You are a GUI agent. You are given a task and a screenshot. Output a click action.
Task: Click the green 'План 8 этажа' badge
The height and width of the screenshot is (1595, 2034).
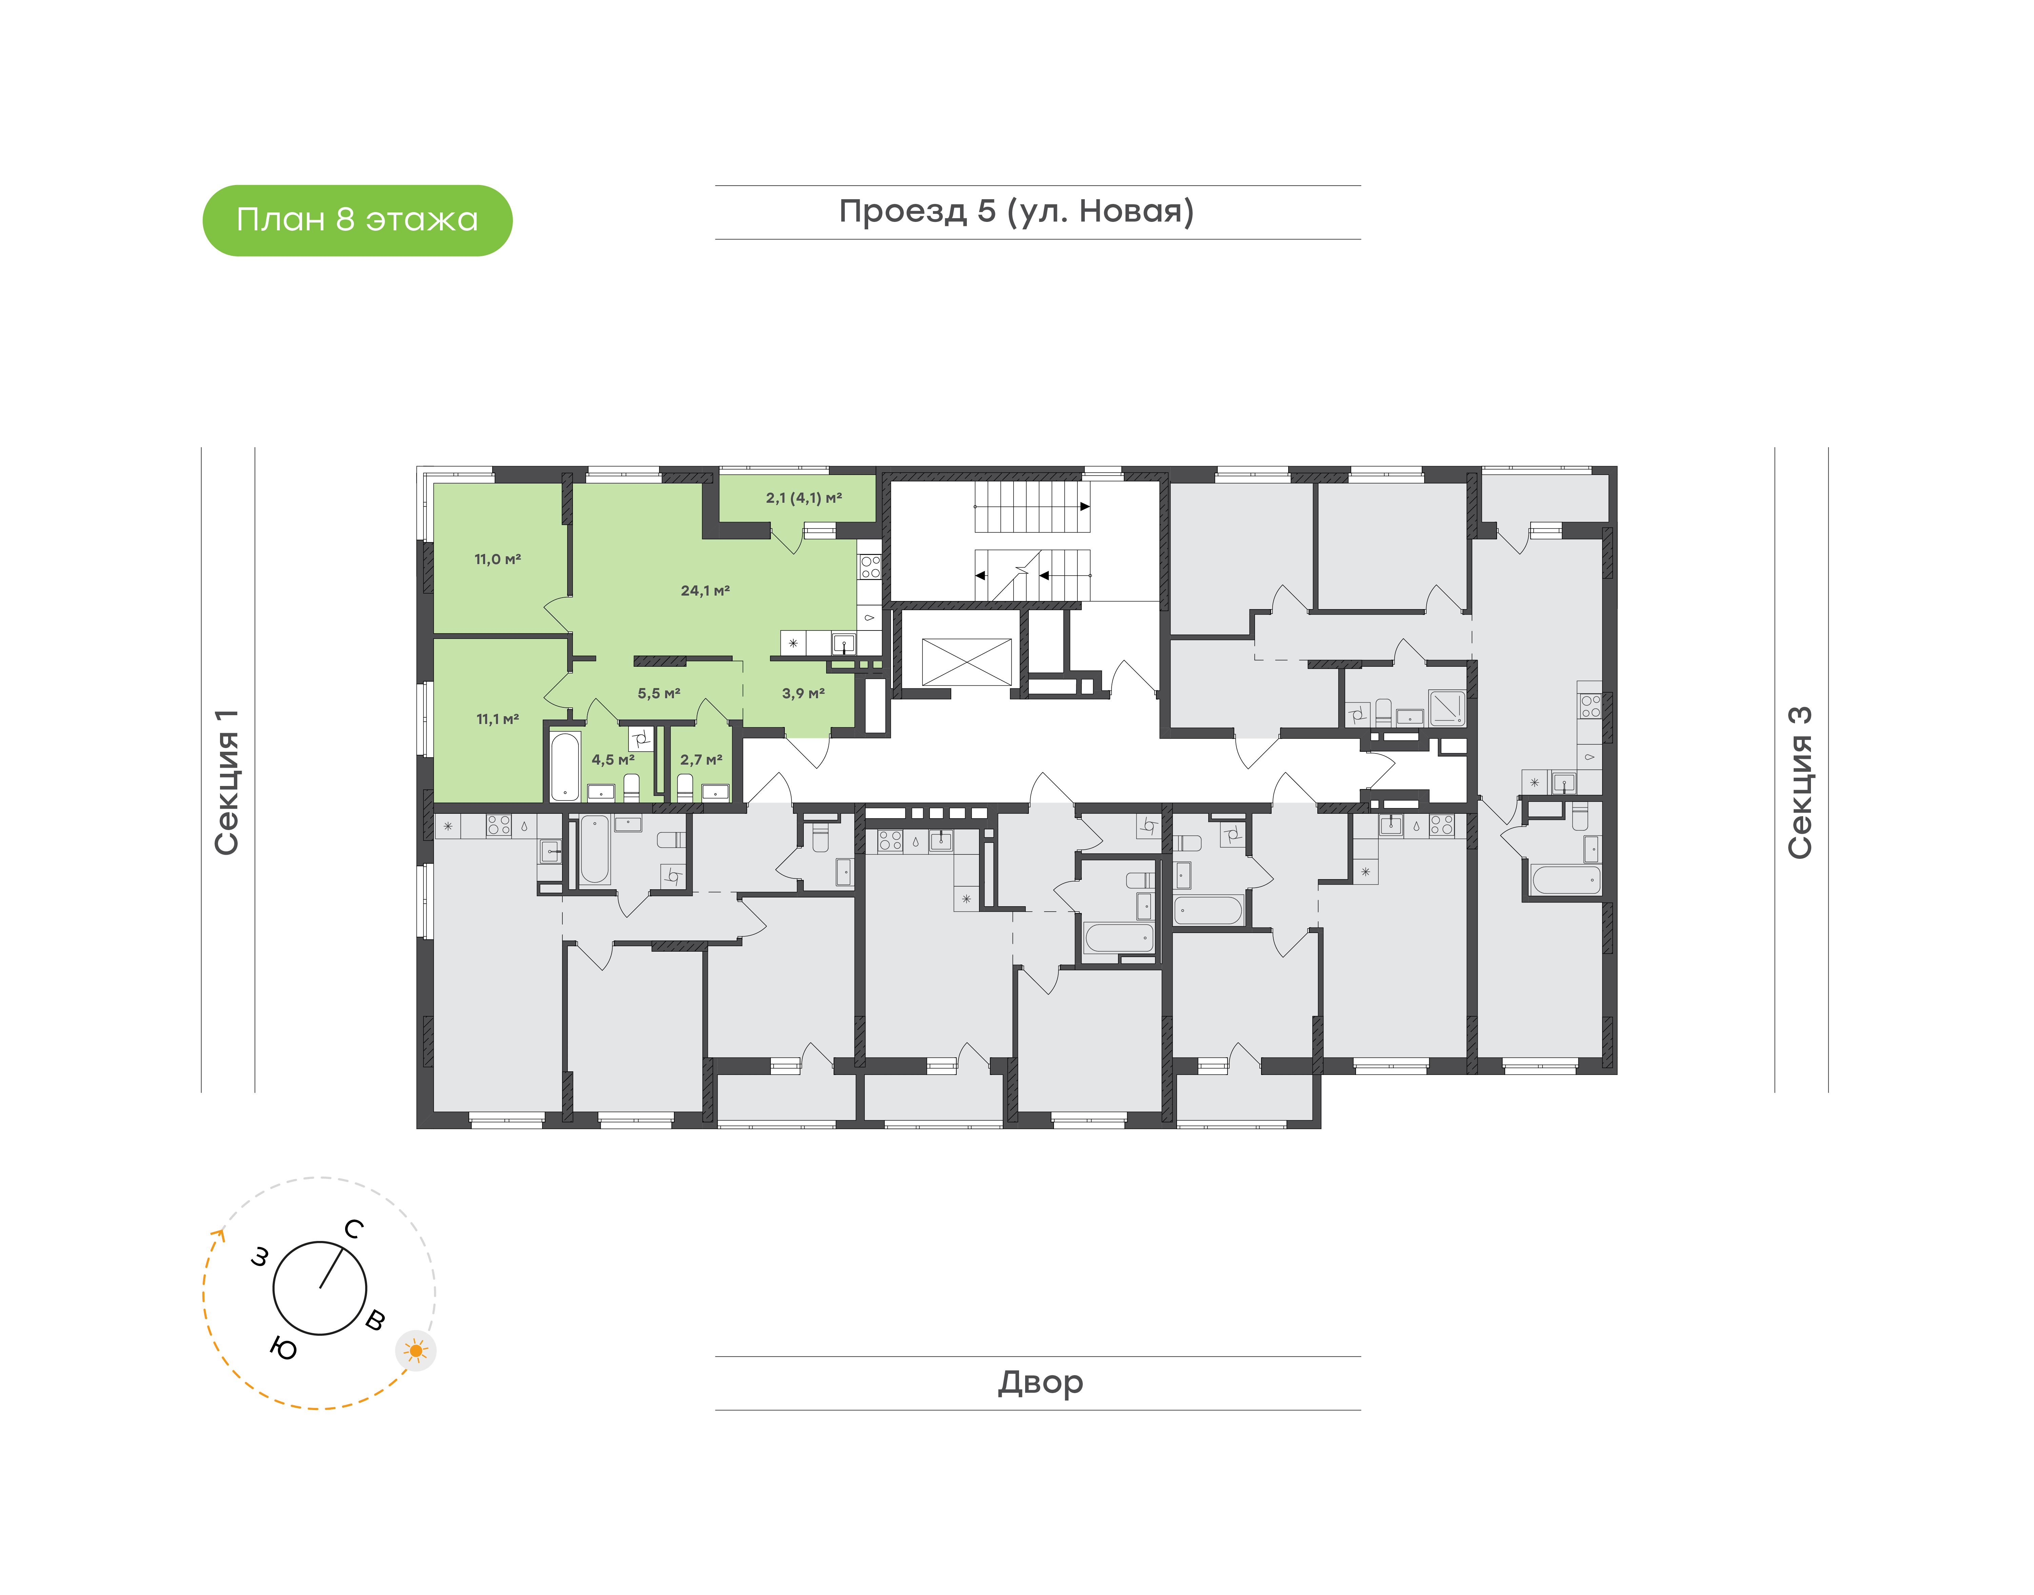357,221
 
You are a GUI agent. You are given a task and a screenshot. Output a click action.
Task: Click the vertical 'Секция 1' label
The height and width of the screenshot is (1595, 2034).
227,782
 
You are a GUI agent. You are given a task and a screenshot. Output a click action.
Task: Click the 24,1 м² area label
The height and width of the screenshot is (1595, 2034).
705,590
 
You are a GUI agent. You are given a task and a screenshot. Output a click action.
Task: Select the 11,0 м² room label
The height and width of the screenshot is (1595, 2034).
498,559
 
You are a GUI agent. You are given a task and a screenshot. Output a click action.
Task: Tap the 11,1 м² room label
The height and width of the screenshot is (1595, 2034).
498,719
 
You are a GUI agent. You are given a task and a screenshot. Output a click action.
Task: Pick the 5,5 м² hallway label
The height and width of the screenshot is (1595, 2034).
660,693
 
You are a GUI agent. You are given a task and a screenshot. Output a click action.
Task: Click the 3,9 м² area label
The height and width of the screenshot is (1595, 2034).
803,693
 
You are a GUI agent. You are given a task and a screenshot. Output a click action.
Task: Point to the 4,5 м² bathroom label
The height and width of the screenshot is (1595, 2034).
613,759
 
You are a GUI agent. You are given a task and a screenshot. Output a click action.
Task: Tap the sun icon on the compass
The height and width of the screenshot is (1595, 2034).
416,1350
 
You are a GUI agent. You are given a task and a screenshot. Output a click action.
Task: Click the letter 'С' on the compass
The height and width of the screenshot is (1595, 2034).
353,1229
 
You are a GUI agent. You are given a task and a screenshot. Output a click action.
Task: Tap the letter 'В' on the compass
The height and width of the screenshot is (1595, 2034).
375,1320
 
